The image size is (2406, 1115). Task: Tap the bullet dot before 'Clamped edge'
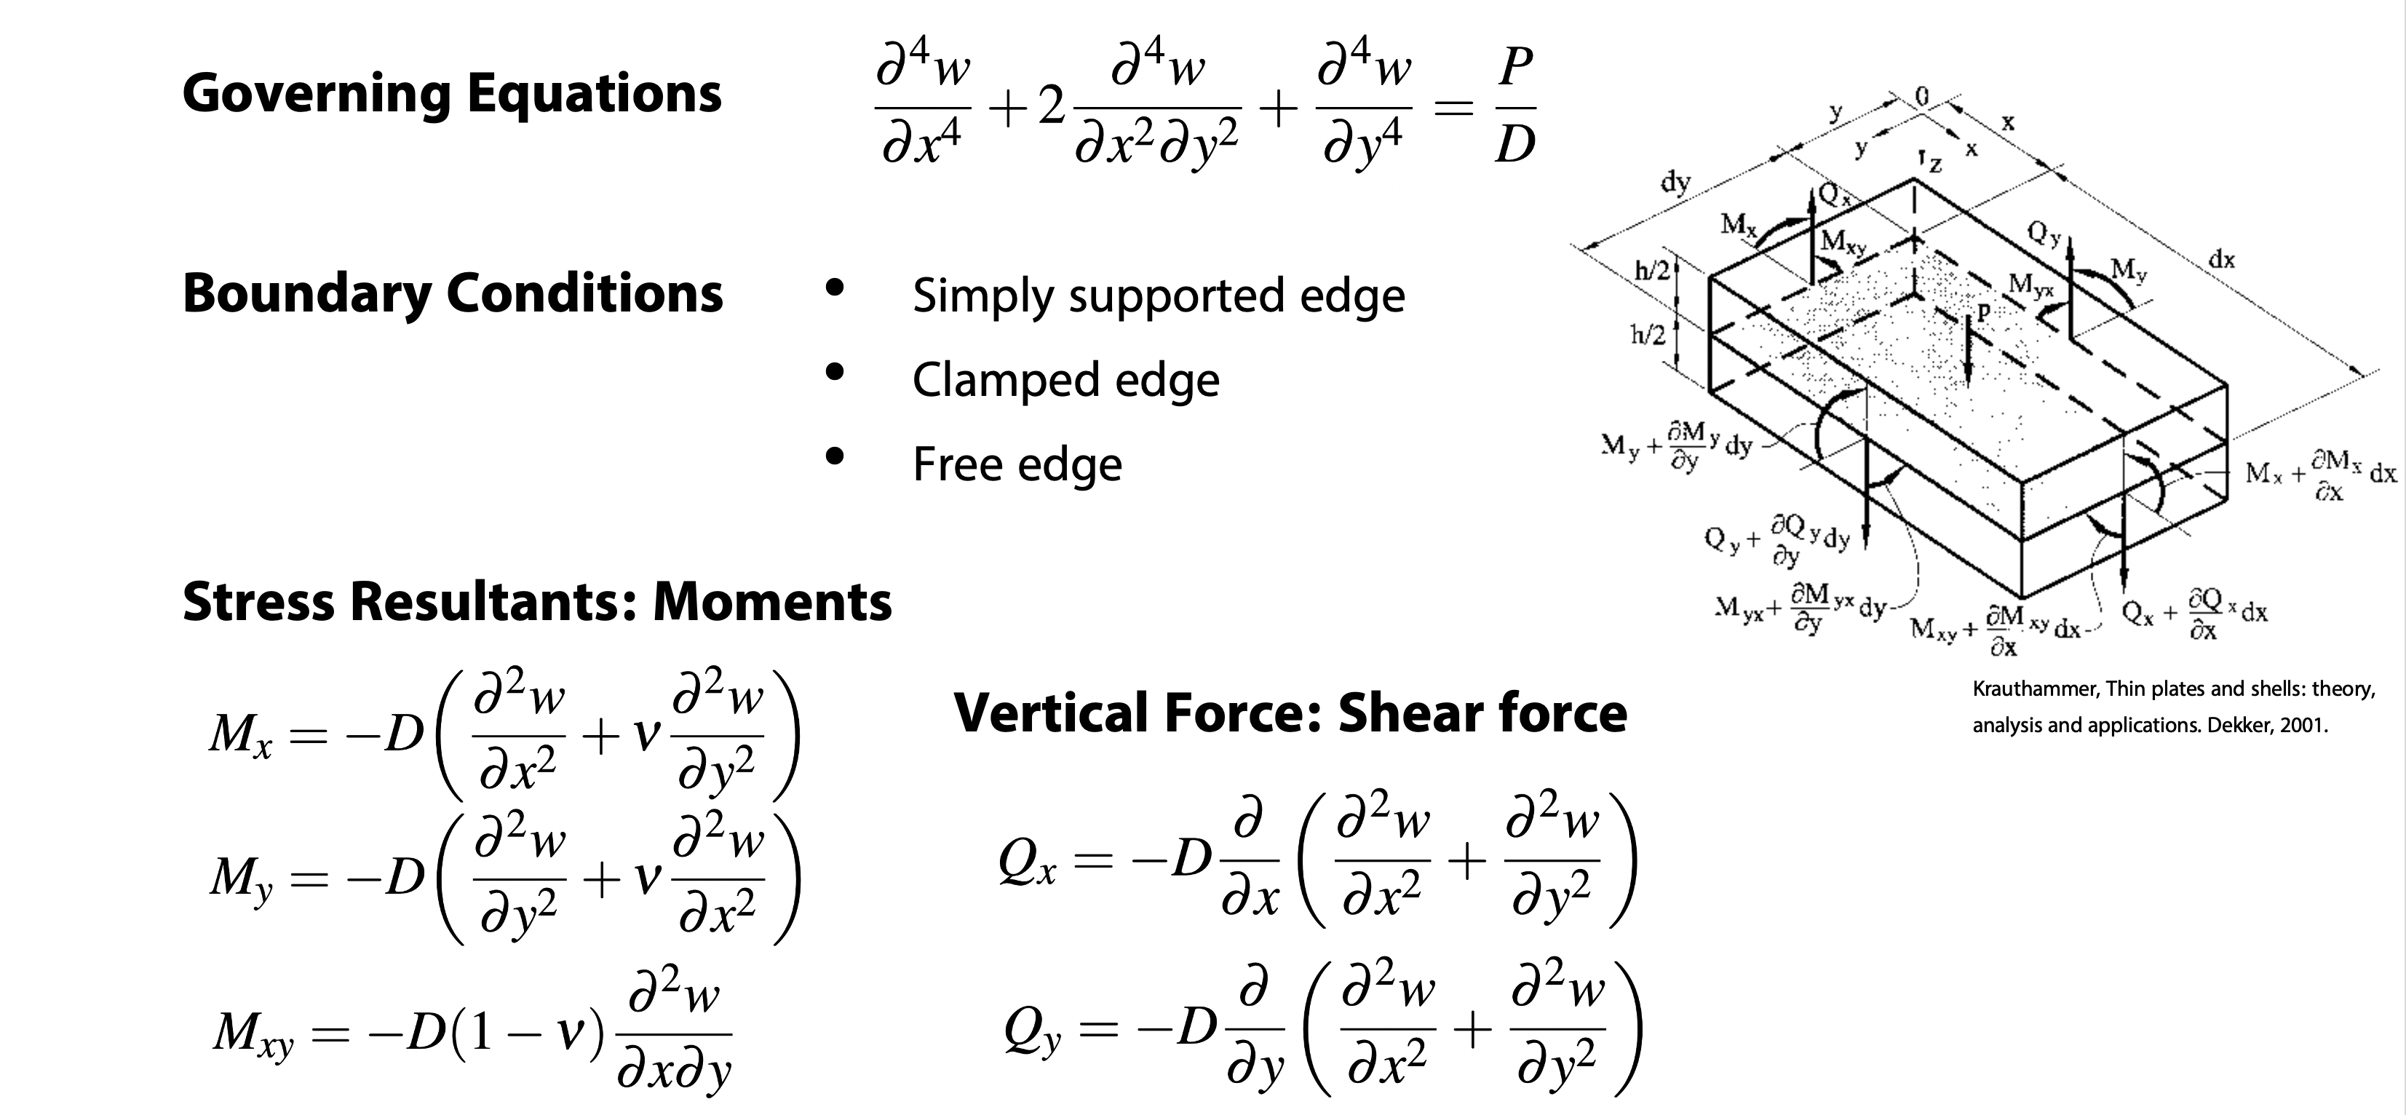coord(835,373)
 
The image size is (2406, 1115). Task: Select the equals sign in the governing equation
coord(1453,109)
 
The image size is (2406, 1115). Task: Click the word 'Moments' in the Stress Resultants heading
coord(771,601)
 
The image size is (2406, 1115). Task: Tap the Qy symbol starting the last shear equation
coord(1033,1032)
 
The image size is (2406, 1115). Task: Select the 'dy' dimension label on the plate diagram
coord(1675,181)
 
